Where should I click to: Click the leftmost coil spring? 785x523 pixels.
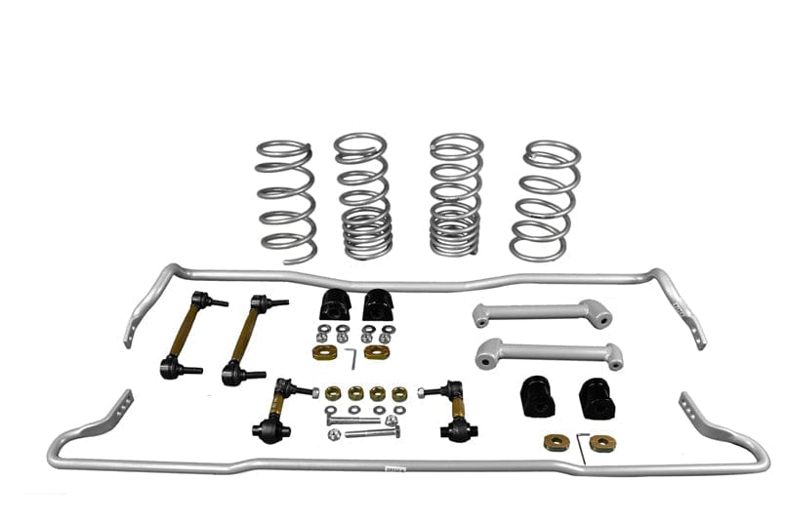click(x=286, y=201)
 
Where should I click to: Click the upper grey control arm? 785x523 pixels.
click(x=542, y=313)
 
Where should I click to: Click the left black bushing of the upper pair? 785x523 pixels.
click(x=335, y=305)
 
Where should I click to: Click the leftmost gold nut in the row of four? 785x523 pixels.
click(x=333, y=393)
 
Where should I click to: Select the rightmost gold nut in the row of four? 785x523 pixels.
click(x=399, y=393)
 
